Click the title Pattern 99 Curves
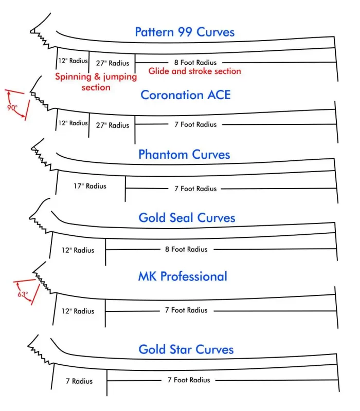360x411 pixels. (x=185, y=32)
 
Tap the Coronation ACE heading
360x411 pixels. (x=186, y=95)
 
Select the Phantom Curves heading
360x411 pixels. (x=184, y=155)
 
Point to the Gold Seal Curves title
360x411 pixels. (x=187, y=217)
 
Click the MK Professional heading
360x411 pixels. (x=183, y=276)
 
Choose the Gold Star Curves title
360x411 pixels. (x=186, y=349)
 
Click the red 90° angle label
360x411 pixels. (x=12, y=107)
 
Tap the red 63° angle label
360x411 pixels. (x=23, y=294)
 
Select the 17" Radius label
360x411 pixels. (x=90, y=186)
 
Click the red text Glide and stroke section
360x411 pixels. (x=195, y=71)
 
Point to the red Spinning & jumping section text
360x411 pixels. (x=96, y=82)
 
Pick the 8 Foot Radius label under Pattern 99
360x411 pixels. (x=195, y=62)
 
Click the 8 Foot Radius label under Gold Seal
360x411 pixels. (x=186, y=249)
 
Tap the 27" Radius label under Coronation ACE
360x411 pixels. (x=113, y=125)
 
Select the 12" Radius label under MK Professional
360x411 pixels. (x=78, y=311)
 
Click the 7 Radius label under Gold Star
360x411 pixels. (x=79, y=381)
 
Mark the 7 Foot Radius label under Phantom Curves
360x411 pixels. (x=195, y=189)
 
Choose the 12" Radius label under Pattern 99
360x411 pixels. (x=73, y=61)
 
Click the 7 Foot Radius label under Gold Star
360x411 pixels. (x=189, y=380)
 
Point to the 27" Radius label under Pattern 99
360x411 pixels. (x=113, y=63)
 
